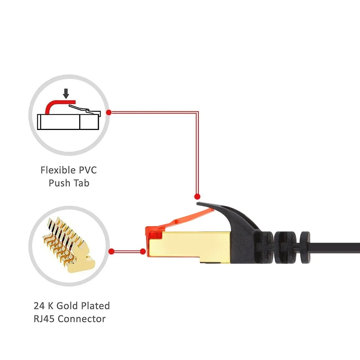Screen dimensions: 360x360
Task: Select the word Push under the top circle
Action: (60, 183)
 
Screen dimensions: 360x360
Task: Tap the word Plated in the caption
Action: (96, 306)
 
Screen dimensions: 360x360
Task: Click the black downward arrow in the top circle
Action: (66, 94)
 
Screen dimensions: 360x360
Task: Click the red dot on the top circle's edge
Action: (109, 112)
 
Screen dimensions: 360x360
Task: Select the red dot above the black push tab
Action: (197, 197)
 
